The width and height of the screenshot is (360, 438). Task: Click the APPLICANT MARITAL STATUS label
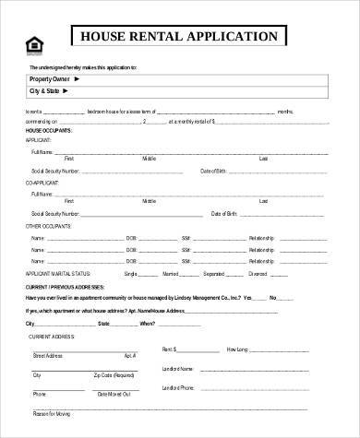60,274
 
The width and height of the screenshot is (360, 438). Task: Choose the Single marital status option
130,274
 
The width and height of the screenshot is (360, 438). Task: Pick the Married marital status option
170,274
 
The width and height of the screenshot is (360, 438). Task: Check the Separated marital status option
214,274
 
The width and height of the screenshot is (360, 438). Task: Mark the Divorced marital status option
258,274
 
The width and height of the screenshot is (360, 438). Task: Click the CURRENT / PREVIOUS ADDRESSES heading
66,287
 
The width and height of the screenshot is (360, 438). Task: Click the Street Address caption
48,355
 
